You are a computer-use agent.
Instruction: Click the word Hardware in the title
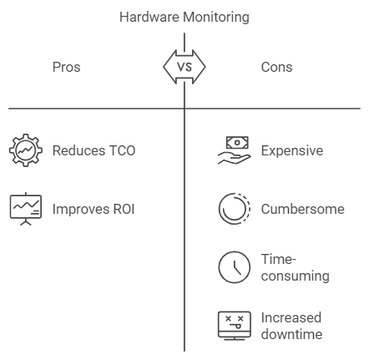[x=149, y=17]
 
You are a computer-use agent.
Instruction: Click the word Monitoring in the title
[x=216, y=18]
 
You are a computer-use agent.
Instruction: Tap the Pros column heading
[x=67, y=67]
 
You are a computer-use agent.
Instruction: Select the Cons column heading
[x=276, y=67]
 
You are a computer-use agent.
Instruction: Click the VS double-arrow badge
[x=184, y=67]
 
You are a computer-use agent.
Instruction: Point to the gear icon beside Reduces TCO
[x=26, y=150]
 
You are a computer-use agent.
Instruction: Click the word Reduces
[x=78, y=150]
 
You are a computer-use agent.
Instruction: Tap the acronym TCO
[x=122, y=150]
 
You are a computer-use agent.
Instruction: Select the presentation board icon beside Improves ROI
[x=26, y=209]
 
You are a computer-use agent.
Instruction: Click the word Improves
[x=81, y=209]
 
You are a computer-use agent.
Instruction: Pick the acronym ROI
[x=124, y=209]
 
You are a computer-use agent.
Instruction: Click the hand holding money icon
[x=235, y=150]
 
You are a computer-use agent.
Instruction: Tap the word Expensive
[x=292, y=151]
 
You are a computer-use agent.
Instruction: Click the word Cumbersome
[x=303, y=209]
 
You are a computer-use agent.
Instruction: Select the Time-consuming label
[x=296, y=267]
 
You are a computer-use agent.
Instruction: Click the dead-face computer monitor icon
[x=235, y=326]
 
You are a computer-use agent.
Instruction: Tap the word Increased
[x=291, y=317]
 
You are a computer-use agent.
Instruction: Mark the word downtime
[x=291, y=334]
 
